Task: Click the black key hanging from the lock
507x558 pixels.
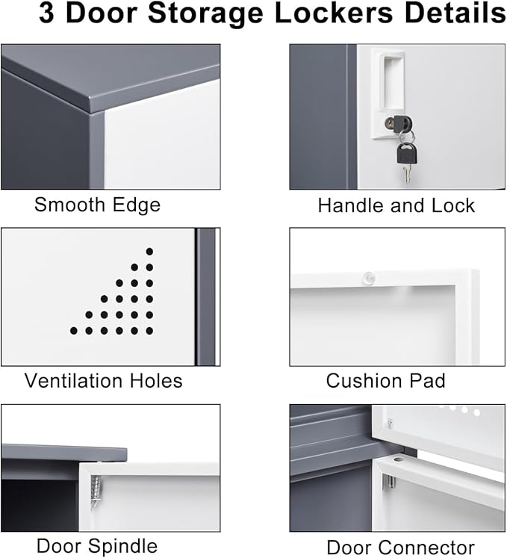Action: click(x=406, y=155)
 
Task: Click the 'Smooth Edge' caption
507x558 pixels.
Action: click(x=97, y=205)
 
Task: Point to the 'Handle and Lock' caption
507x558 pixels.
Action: click(x=396, y=205)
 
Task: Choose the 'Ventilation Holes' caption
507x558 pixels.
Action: click(x=103, y=380)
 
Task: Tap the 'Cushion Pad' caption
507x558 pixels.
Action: click(x=385, y=380)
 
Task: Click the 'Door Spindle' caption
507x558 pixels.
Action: click(x=96, y=545)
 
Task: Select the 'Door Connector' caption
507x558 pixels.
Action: click(x=400, y=547)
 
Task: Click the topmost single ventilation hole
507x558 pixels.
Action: click(x=149, y=251)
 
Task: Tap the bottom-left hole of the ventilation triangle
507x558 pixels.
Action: click(x=74, y=330)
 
